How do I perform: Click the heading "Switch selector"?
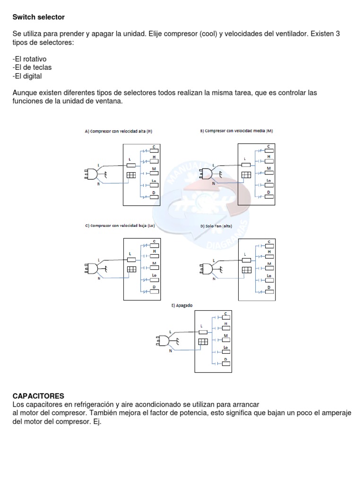click(38, 17)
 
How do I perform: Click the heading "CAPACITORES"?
click(38, 396)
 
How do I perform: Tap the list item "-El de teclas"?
click(32, 67)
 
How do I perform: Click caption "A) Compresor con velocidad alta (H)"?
click(118, 131)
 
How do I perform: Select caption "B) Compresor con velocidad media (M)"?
click(236, 131)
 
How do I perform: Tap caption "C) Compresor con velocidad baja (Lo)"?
click(120, 226)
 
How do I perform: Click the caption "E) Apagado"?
click(182, 306)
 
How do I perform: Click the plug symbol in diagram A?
click(90, 175)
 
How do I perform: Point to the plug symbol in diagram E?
click(162, 340)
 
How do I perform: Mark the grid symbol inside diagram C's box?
click(131, 269)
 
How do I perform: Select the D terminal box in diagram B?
click(269, 197)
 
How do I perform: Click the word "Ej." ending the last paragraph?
click(97, 422)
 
